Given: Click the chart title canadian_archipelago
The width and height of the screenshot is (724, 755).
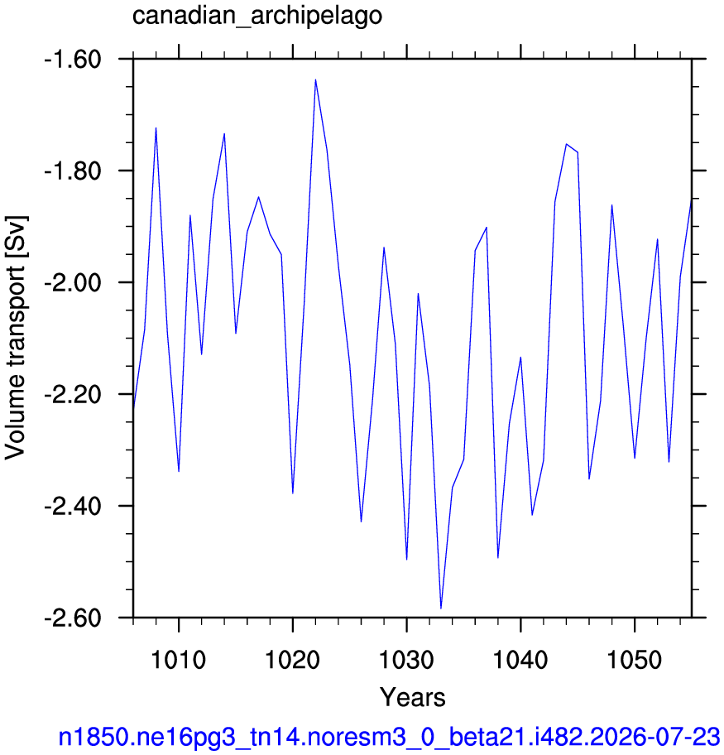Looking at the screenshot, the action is click(257, 16).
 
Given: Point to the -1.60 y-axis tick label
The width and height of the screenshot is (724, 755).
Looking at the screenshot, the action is click(73, 60).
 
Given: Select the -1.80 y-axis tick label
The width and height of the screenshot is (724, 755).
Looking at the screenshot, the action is click(73, 171).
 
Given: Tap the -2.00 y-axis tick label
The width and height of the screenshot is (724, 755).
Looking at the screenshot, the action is click(73, 283).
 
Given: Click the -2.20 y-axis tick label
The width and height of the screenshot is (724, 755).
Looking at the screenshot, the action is click(73, 395).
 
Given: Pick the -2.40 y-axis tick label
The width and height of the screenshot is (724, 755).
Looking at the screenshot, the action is click(73, 507).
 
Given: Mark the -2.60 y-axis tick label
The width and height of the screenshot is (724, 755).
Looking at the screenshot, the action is click(73, 618).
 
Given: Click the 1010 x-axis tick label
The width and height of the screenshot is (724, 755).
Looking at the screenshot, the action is click(179, 660).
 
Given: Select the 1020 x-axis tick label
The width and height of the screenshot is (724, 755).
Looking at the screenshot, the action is click(293, 660).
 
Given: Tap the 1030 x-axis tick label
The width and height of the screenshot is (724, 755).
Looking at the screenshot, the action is click(407, 660).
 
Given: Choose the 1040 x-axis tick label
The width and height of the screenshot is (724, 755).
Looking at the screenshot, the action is click(520, 660).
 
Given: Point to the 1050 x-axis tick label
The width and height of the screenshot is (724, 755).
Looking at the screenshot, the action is click(635, 660).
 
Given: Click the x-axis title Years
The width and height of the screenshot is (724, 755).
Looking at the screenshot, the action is click(413, 697).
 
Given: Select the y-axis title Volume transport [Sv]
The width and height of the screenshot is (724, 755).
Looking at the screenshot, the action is click(16, 338).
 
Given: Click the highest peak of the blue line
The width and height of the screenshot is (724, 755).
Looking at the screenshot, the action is click(315, 80).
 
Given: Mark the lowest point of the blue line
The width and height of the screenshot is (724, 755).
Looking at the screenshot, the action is click(441, 608).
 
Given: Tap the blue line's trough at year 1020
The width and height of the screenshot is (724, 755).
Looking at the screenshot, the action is click(293, 493).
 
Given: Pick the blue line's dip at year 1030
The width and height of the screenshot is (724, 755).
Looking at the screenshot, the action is click(407, 560).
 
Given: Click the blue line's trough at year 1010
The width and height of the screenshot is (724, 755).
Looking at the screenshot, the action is click(179, 471).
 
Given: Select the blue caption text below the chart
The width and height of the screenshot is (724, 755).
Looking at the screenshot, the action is click(389, 737).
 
